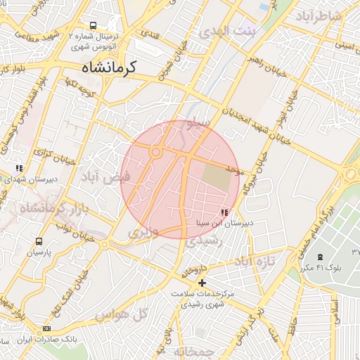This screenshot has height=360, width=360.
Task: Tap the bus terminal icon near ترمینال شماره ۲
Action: pyautogui.click(x=94, y=25)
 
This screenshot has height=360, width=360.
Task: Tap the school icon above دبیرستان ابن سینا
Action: pyautogui.click(x=224, y=212)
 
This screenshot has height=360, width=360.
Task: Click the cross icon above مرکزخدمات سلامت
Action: pyautogui.click(x=202, y=283)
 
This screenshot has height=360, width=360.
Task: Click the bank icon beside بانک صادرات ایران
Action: pyautogui.click(x=46, y=328)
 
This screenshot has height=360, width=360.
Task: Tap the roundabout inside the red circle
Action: pyautogui.click(x=155, y=151)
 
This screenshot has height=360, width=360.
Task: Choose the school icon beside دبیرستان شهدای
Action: pyautogui.click(x=19, y=169)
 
